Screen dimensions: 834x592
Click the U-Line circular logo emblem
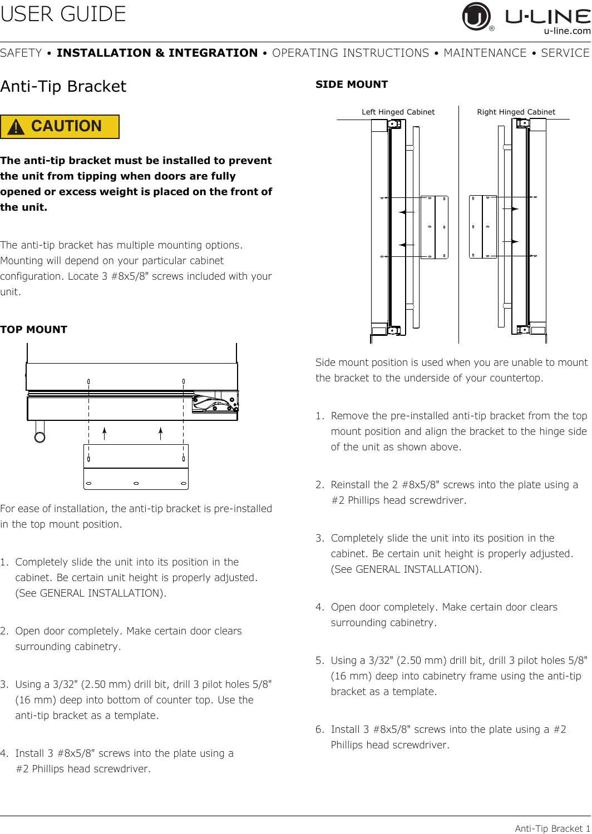476,16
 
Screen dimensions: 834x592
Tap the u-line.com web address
567,31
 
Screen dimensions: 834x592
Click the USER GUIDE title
63,14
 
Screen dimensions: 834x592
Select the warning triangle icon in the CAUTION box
16,127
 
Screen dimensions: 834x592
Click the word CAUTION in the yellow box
66,126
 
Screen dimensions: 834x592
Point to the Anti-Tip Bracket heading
63,87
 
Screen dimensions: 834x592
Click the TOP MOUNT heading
34,330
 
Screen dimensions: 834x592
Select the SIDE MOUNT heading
352,85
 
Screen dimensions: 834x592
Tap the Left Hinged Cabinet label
398,112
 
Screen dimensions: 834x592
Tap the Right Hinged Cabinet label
516,112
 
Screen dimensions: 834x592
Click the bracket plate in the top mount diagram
136,467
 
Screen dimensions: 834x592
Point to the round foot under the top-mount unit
40,436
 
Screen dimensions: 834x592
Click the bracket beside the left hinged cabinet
434,227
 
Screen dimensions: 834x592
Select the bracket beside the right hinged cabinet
483,227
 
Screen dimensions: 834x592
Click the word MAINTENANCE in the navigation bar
485,53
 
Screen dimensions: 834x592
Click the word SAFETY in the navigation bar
21,53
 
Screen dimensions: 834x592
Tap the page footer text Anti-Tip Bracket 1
552,828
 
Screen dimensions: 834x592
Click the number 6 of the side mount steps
319,729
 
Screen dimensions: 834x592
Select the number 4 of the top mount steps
4,753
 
